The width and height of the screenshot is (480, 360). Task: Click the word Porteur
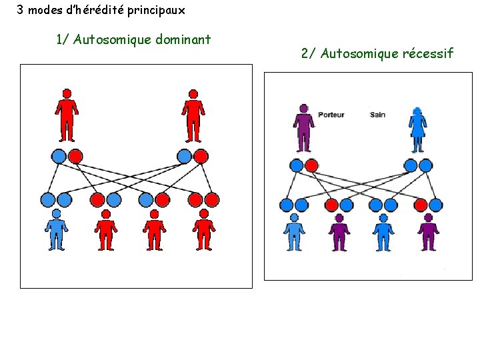(x=331, y=115)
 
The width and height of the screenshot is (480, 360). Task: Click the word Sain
(x=377, y=115)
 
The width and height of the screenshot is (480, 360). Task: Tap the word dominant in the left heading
(x=183, y=39)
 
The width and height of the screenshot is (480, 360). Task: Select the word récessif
(x=428, y=53)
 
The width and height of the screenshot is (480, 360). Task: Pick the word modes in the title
(x=43, y=10)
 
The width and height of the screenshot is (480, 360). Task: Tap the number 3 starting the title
(x=20, y=10)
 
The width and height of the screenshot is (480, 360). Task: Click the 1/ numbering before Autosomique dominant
(x=63, y=39)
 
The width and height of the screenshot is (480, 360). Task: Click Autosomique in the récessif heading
(x=360, y=53)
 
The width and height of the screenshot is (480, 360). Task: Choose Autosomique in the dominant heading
(x=113, y=39)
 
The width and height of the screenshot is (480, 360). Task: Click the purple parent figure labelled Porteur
(x=304, y=128)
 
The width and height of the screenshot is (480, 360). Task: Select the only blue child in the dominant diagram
(x=57, y=230)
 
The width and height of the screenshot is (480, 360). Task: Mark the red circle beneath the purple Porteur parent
(x=311, y=165)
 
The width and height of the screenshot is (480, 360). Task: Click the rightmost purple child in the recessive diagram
(x=428, y=233)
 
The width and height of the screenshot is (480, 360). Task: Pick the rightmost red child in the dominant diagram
(x=204, y=230)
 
